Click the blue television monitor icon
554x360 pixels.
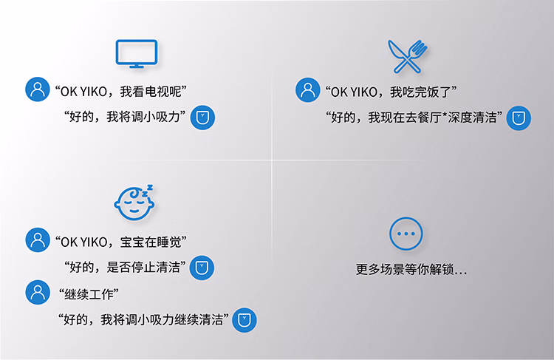tap(137, 41)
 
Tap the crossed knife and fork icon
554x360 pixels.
tap(407, 57)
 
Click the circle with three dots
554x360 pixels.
tap(406, 218)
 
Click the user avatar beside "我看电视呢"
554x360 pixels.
tap(38, 89)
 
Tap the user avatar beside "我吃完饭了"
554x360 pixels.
tap(308, 90)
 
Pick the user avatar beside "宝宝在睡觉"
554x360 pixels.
tap(38, 240)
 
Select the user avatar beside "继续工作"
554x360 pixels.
tap(38, 292)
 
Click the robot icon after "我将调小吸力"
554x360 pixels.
tap(202, 118)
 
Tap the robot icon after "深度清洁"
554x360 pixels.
tap(519, 118)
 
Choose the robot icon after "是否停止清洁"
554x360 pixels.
tap(202, 268)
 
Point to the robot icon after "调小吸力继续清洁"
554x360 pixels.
tap(244, 320)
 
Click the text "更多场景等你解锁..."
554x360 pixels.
tap(411, 270)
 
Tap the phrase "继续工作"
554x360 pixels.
tap(89, 294)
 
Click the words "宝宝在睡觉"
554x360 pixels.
tap(151, 242)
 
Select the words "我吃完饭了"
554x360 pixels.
tap(421, 92)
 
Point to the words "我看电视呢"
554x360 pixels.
tap(151, 92)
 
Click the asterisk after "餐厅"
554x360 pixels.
tap(445, 114)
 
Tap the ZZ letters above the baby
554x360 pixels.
tap(147, 191)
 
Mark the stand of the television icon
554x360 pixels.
tap(137, 66)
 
